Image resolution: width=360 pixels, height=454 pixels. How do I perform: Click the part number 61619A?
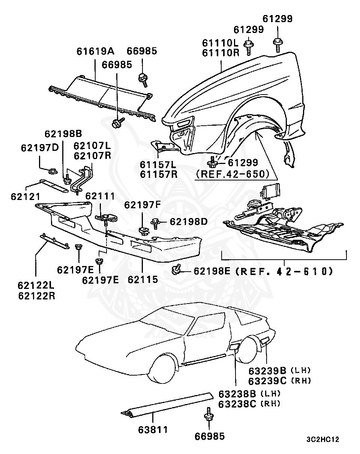(x=96, y=51)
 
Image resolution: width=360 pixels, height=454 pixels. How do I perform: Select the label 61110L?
(x=221, y=43)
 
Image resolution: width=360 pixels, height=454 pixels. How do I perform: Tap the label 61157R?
(x=159, y=174)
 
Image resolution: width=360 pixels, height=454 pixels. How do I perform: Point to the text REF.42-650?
(x=232, y=174)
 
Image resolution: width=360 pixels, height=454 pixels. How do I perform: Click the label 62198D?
(x=189, y=222)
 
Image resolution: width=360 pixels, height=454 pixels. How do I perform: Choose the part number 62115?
(x=143, y=280)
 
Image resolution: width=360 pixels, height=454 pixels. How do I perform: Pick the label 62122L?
(x=36, y=285)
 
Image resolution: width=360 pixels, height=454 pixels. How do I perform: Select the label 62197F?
(x=142, y=205)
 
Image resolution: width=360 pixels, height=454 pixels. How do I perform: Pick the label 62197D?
(x=40, y=147)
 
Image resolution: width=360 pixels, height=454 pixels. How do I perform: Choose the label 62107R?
(x=92, y=155)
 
